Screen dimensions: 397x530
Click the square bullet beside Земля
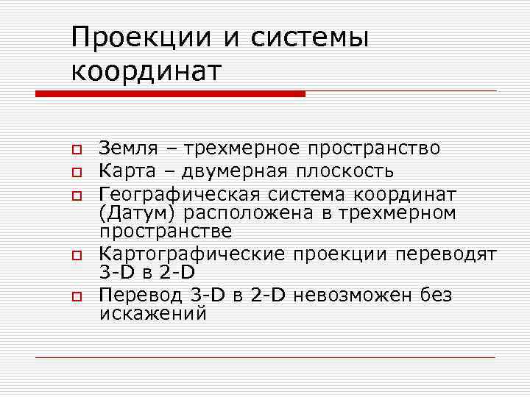pyautogui.click(x=75, y=151)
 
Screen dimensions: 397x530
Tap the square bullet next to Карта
pyautogui.click(x=75, y=174)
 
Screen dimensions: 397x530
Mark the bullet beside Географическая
pyautogui.click(x=75, y=196)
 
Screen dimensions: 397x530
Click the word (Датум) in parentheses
pyautogui.click(x=139, y=213)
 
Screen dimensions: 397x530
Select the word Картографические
pyautogui.click(x=193, y=255)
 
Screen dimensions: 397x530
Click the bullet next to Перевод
pyautogui.click(x=75, y=297)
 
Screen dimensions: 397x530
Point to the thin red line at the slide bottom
pyautogui.click(x=265, y=357)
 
